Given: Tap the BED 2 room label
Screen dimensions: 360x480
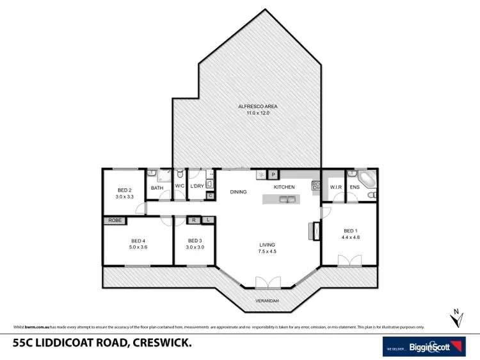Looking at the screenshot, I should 124,190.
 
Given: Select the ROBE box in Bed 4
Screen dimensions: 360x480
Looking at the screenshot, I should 115,220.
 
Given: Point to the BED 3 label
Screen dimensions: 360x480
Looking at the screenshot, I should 195,241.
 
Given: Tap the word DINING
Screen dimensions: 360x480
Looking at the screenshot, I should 238,192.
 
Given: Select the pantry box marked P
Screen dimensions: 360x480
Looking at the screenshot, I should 273,174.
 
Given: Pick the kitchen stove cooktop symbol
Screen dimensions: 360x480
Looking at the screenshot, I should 315,186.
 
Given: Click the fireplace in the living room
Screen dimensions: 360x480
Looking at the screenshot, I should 313,231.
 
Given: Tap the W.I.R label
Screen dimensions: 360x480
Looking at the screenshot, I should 335,187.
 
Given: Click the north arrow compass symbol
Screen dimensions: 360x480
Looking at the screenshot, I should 455,318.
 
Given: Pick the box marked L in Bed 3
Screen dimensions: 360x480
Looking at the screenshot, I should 208,220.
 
